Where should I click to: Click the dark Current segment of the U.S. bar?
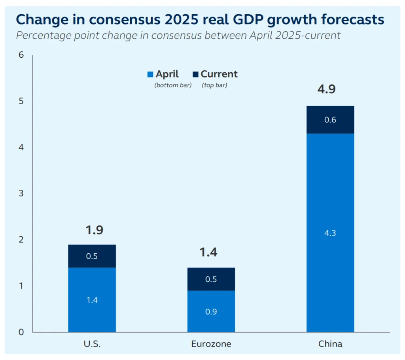click(x=92, y=256)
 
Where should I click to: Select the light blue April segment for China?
click(x=330, y=198)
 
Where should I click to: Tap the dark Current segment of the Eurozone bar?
click(x=211, y=279)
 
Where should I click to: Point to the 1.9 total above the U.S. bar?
click(x=94, y=230)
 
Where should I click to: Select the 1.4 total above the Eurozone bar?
click(x=208, y=252)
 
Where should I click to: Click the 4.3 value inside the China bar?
click(x=330, y=233)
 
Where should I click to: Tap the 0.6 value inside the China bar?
click(x=330, y=120)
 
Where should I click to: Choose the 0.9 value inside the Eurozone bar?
click(x=211, y=312)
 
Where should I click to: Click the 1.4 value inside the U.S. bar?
click(x=92, y=300)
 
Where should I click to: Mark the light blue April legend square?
click(x=150, y=74)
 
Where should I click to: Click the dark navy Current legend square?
click(x=195, y=74)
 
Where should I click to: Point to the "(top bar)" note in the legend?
click(x=214, y=85)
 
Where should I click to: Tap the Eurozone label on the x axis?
click(x=211, y=344)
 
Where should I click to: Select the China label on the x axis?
click(x=330, y=344)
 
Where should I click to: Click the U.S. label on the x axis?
click(x=92, y=344)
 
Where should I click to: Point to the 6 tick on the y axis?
click(x=21, y=55)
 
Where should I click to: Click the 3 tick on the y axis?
click(x=21, y=194)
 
